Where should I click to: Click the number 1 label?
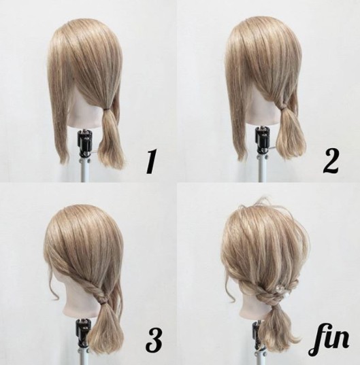click(151, 162)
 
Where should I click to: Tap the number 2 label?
click(331, 160)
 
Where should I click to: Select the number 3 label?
click(153, 341)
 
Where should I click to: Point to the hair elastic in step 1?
click(108, 109)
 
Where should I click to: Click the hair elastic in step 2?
click(283, 107)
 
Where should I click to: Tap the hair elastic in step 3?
click(101, 303)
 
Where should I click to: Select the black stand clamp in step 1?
click(83, 143)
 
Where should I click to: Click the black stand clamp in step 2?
click(262, 139)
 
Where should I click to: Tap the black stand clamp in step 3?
click(82, 331)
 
